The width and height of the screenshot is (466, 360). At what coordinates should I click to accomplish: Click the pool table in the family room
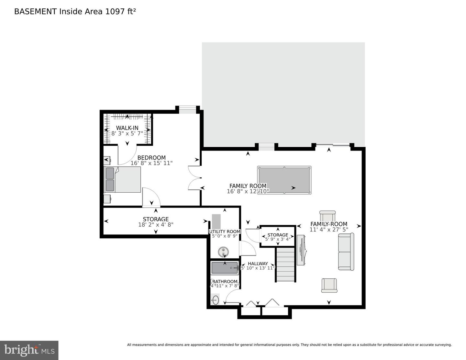click(284, 180)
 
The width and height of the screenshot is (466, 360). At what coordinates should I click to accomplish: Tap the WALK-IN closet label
click(127, 128)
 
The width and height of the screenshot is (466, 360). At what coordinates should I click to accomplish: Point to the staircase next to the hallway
click(285, 264)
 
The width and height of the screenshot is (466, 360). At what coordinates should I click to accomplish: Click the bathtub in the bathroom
click(225, 268)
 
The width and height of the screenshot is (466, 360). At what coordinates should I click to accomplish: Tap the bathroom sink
click(215, 300)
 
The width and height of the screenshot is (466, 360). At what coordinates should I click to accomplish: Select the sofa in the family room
click(346, 252)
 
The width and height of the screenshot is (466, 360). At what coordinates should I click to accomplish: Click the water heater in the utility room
click(223, 252)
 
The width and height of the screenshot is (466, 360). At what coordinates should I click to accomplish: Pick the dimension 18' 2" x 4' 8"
click(156, 224)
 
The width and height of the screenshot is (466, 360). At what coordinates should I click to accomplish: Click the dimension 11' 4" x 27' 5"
click(329, 230)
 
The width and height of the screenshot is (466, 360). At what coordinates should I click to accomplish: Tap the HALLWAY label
click(258, 264)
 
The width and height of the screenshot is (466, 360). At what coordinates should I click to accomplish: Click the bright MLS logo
click(29, 350)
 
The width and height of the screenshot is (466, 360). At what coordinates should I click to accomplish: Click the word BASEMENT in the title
click(35, 12)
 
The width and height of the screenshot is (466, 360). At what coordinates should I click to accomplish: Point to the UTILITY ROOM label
click(225, 231)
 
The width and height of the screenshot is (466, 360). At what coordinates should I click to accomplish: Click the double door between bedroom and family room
click(194, 178)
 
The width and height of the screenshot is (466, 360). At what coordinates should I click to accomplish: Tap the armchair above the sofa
click(327, 216)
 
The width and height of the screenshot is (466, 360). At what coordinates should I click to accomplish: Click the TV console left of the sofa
click(301, 250)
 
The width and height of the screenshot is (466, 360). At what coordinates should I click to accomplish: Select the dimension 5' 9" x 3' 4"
click(278, 239)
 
